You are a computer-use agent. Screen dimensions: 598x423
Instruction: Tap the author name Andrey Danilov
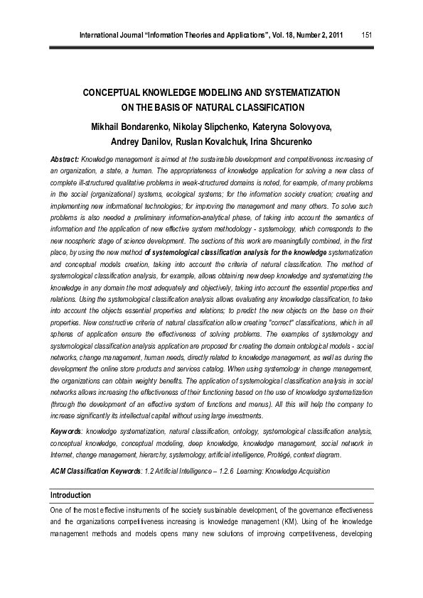click(142, 141)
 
